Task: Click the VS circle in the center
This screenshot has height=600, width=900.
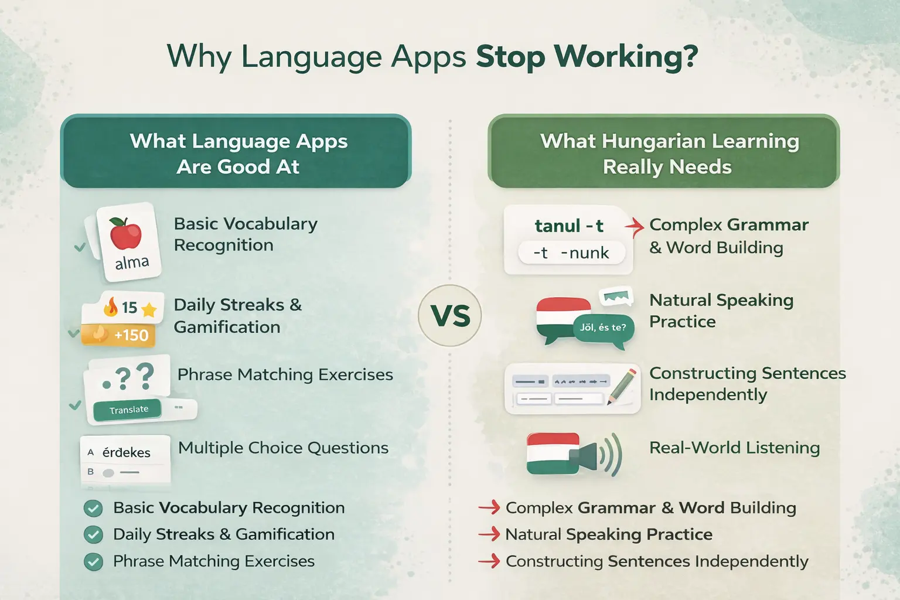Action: [450, 316]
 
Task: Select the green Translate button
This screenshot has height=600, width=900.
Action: [128, 410]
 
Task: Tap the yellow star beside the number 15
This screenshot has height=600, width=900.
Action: [149, 309]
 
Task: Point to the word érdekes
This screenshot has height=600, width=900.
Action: [126, 452]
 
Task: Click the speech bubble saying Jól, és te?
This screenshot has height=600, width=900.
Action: [603, 328]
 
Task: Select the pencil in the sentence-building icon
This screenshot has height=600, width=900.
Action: [622, 384]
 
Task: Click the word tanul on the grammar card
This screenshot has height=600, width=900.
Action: [557, 226]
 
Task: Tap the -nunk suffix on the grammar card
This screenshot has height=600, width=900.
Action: [585, 253]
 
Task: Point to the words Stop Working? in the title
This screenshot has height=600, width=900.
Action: [587, 56]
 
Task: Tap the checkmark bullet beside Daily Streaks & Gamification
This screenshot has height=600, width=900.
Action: [93, 534]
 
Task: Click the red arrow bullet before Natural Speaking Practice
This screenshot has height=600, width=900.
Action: [489, 534]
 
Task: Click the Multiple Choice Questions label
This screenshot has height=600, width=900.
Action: [283, 448]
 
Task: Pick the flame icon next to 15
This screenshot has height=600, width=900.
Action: [111, 306]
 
